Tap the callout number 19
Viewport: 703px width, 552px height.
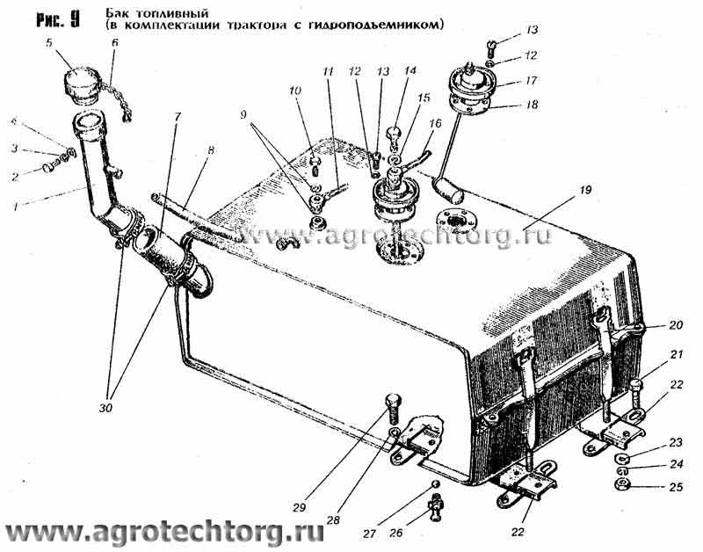click(x=584, y=190)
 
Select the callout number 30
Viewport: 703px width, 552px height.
click(x=106, y=408)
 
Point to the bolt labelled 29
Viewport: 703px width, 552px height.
click(x=393, y=409)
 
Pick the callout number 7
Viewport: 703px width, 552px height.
click(x=178, y=118)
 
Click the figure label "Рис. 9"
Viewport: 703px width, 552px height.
click(x=58, y=19)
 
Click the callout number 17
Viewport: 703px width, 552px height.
click(x=531, y=81)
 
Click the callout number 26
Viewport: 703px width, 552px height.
click(x=396, y=533)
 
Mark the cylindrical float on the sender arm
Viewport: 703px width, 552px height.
click(x=448, y=189)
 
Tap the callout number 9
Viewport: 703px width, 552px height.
click(x=243, y=115)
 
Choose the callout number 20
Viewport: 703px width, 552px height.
click(x=675, y=324)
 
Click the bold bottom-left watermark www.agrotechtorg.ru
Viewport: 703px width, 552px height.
click(x=163, y=533)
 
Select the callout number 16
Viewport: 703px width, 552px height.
click(x=435, y=123)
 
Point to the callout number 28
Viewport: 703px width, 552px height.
click(x=333, y=519)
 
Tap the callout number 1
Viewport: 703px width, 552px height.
click(x=16, y=207)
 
